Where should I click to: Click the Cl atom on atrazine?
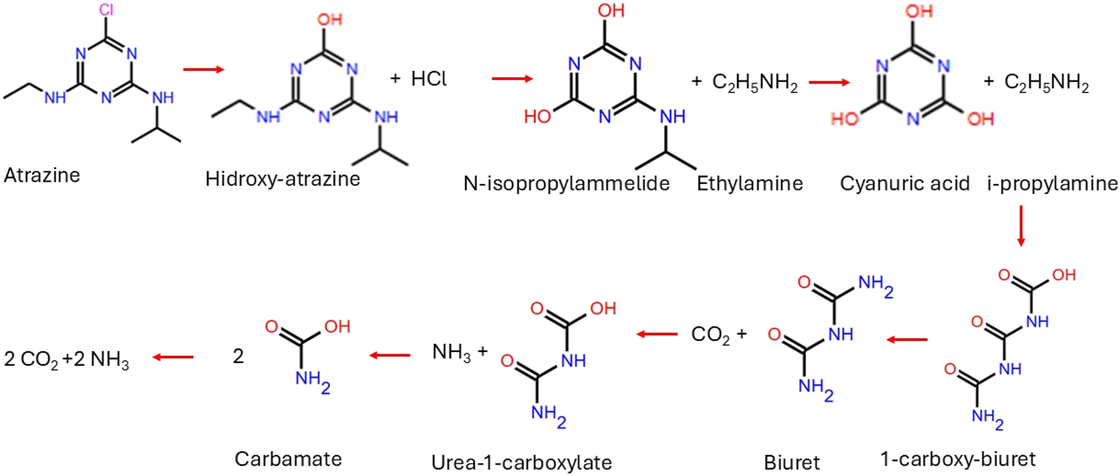(x=106, y=9)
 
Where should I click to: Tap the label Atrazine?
(x=42, y=175)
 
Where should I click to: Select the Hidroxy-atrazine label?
(x=282, y=179)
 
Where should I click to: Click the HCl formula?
(x=428, y=79)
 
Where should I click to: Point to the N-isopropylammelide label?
(x=567, y=184)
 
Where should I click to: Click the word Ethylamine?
(x=750, y=184)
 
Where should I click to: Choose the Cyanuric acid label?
(x=905, y=184)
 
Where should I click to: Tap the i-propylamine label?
(x=1052, y=184)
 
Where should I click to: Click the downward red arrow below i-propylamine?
(x=1021, y=226)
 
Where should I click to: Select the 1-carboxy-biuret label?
(x=958, y=459)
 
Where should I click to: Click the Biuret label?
(x=792, y=463)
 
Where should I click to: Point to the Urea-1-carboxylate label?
(x=522, y=463)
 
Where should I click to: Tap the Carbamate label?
(x=288, y=459)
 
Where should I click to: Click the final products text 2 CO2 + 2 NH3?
(x=66, y=359)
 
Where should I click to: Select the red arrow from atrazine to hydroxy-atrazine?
(x=203, y=69)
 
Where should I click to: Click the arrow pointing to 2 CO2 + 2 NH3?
(x=173, y=357)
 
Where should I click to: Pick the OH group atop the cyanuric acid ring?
(x=919, y=11)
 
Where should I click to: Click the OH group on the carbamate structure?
(x=337, y=326)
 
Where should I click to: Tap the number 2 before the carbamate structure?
(x=239, y=356)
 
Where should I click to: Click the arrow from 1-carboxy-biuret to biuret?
(x=907, y=340)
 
